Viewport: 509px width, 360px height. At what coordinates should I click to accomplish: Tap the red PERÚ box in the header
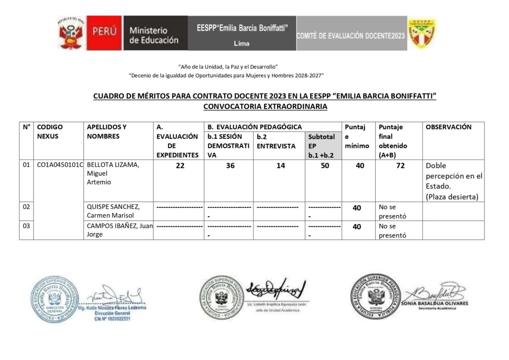click(x=104, y=33)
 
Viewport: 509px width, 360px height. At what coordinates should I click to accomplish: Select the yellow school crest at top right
click(x=422, y=33)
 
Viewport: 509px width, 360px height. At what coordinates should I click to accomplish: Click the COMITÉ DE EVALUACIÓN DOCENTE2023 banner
click(x=351, y=36)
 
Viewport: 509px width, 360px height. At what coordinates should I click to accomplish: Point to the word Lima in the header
click(x=242, y=44)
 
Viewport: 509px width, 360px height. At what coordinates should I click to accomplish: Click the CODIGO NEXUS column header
click(x=50, y=132)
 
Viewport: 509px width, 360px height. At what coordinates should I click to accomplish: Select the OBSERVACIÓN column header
click(x=448, y=127)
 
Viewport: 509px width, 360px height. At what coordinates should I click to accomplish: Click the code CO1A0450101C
click(x=60, y=166)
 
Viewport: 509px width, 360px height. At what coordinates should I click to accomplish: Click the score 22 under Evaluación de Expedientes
click(x=179, y=166)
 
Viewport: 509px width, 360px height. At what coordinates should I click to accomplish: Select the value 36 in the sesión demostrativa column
click(x=230, y=166)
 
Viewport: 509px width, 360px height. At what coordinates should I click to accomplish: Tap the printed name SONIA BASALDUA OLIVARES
click(x=436, y=303)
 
